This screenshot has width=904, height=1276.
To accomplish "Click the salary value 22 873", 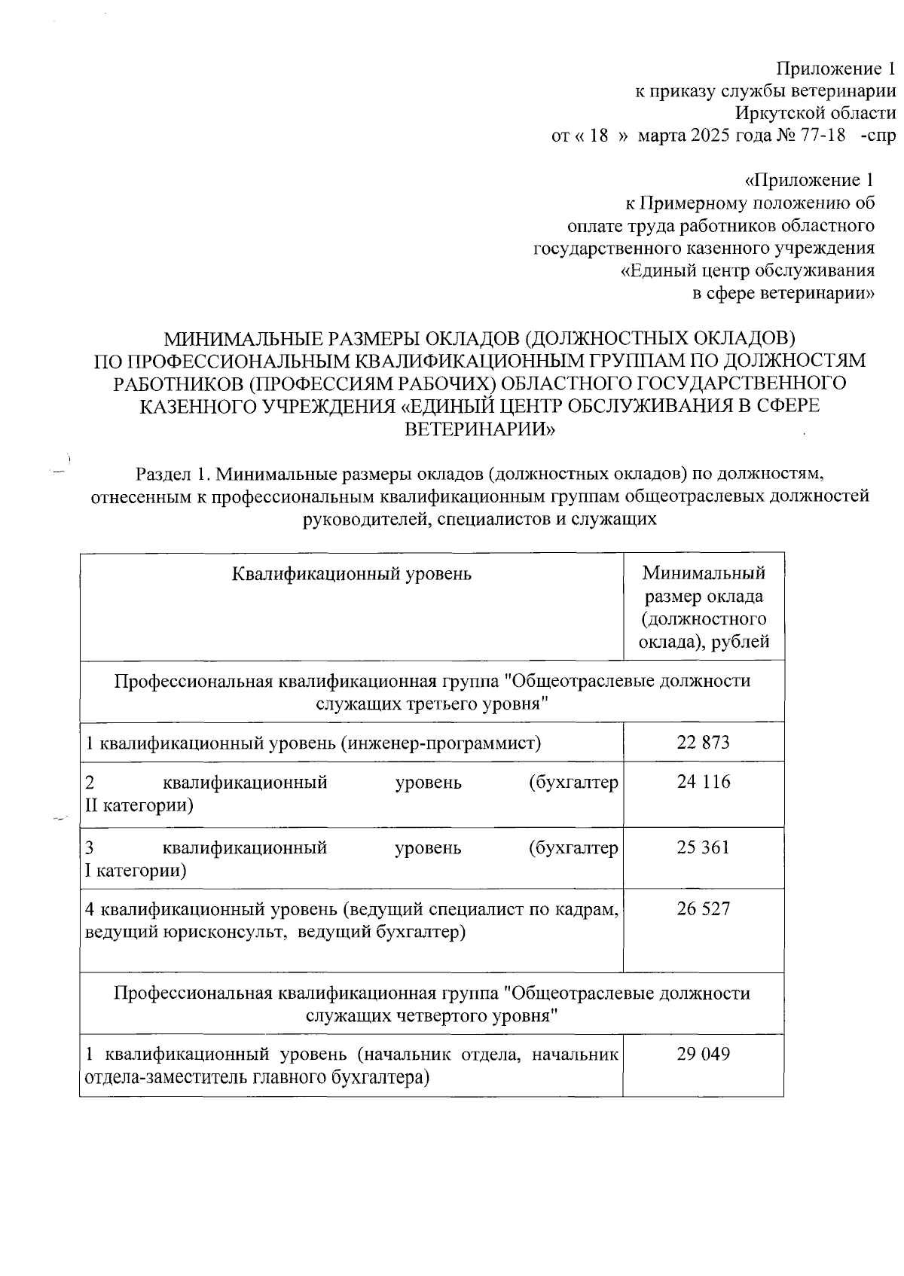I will pos(703,742).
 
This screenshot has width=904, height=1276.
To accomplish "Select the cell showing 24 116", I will pos(703,782).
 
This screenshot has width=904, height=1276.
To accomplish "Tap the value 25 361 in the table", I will pos(703,847).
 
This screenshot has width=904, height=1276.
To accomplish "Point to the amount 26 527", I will pos(703,908).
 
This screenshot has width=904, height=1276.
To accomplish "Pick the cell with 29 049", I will pos(703,1054).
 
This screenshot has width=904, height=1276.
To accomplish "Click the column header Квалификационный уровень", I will pos(351,574).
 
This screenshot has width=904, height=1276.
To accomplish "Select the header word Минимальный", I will pos(704,573).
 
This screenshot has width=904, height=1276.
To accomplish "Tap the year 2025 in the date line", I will pos(705,136).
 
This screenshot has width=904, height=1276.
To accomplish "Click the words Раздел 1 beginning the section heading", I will pos(170,474).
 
